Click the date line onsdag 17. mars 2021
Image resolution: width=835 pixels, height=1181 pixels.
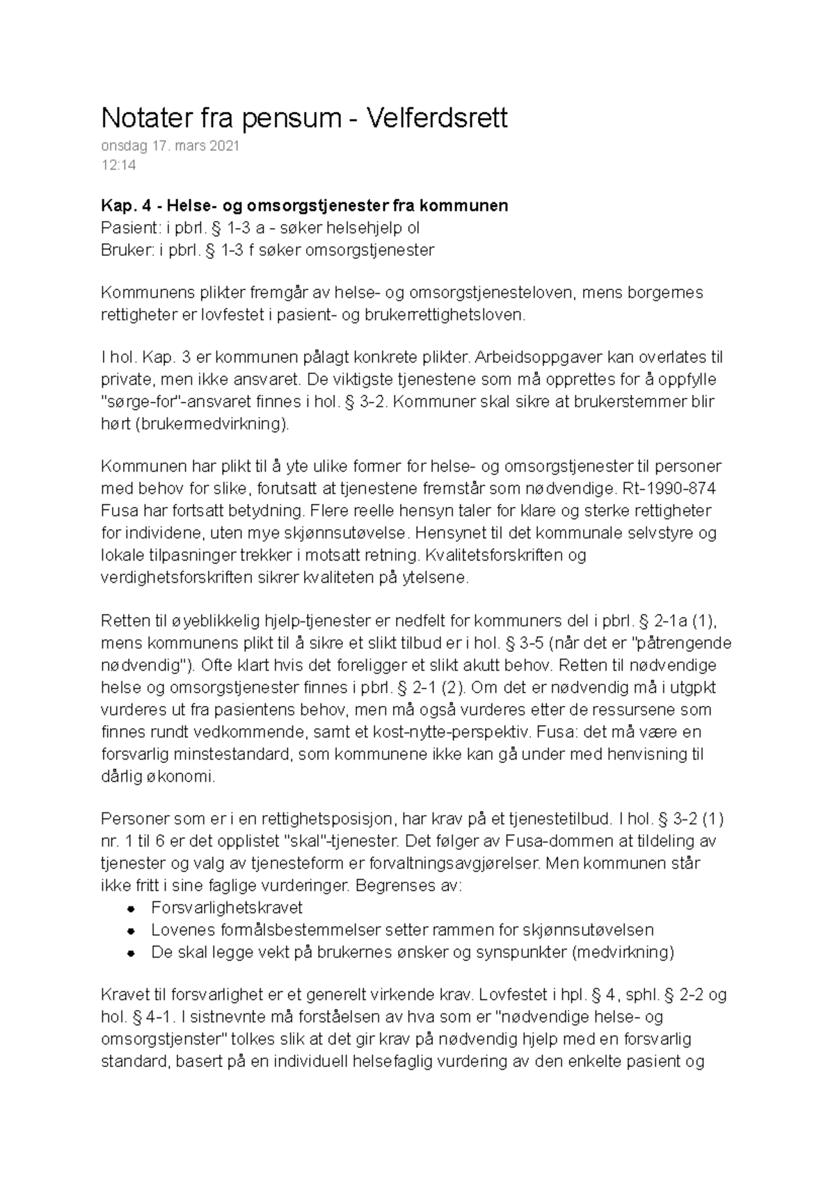point(170,146)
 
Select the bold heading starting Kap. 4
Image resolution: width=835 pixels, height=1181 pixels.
point(304,206)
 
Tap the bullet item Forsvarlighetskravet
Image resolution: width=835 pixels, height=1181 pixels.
point(226,908)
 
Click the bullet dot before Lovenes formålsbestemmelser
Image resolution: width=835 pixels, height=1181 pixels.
point(130,931)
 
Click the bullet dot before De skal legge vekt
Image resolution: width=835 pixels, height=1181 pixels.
point(130,953)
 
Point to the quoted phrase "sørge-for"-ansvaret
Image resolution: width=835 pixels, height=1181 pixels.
point(175,402)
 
